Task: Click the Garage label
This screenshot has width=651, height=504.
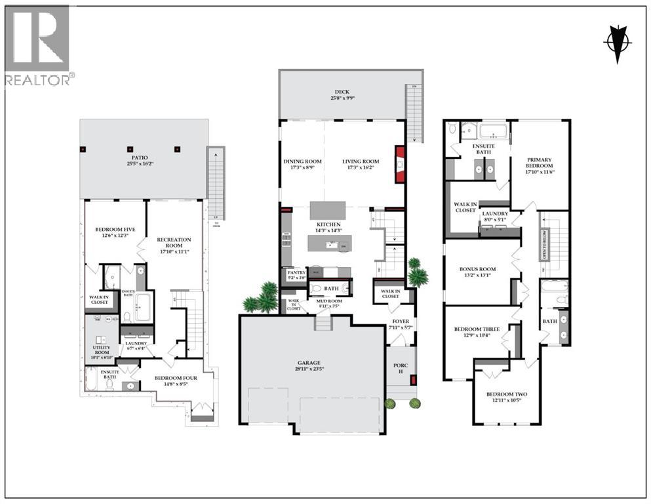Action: pyautogui.click(x=311, y=365)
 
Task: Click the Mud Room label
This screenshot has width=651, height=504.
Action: pyautogui.click(x=329, y=303)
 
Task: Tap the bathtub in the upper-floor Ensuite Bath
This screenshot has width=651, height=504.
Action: pyautogui.click(x=486, y=131)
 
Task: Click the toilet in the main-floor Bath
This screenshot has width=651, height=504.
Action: pyautogui.click(x=316, y=287)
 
